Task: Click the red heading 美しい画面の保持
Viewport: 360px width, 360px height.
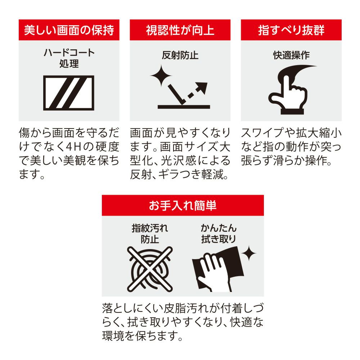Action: coord(69,30)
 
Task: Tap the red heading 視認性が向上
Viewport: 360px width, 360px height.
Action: coord(180,30)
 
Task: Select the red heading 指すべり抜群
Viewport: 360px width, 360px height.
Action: coord(291,30)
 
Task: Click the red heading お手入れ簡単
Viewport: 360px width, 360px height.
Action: coord(183,205)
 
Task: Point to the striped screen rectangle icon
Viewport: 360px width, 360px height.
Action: coord(69,93)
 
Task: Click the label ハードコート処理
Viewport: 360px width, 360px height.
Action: coord(69,58)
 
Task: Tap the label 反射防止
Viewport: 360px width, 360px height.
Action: coord(180,55)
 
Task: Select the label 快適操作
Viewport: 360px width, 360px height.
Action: coord(291,55)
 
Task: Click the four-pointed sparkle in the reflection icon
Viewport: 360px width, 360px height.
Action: coord(161,76)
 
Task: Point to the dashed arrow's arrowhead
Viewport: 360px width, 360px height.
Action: coord(202,87)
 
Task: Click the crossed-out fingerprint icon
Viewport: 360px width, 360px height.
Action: coord(150,269)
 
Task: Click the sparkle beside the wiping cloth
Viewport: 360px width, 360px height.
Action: coord(249,253)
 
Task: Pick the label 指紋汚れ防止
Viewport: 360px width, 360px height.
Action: coord(150,234)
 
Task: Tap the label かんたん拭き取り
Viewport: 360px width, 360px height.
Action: coord(219,234)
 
